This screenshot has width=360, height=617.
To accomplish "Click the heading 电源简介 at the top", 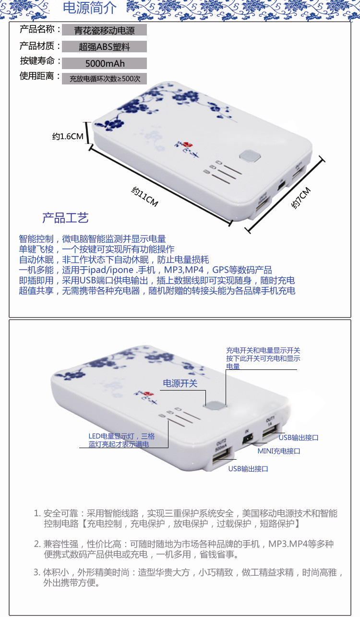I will click(90, 8).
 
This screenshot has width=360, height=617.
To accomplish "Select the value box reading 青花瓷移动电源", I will click(104, 31).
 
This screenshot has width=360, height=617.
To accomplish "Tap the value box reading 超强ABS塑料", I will click(104, 47).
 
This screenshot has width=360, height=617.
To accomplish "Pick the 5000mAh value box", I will click(104, 63).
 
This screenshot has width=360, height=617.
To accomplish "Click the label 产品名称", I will click(38, 30).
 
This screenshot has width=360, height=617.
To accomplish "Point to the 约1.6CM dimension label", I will click(68, 137).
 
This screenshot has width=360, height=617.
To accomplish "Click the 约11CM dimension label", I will click(145, 196).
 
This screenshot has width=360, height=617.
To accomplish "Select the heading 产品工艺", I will click(65, 218).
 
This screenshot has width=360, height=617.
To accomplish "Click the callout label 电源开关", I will click(180, 383).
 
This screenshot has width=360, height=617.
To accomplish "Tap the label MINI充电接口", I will click(279, 451).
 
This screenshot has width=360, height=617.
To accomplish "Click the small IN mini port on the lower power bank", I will click(247, 439).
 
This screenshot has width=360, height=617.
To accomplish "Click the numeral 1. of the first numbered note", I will click(37, 513).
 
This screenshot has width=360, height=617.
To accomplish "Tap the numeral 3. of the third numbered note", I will click(37, 572).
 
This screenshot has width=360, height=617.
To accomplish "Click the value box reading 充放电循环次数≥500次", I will click(104, 79).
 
